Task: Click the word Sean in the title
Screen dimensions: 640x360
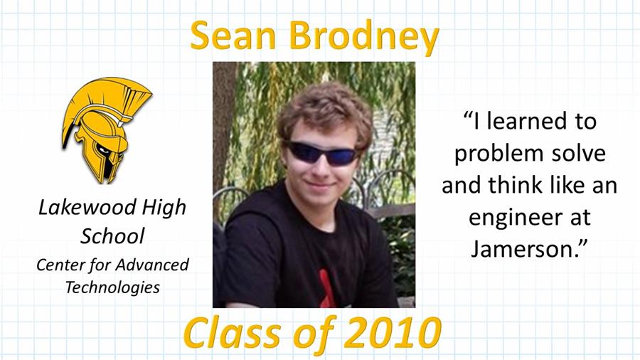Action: tap(233, 35)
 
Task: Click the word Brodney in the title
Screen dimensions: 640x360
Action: tap(364, 37)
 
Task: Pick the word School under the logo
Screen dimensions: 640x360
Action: tap(112, 236)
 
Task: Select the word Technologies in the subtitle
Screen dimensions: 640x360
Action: tap(112, 287)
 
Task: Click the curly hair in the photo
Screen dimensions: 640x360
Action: tap(325, 112)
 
